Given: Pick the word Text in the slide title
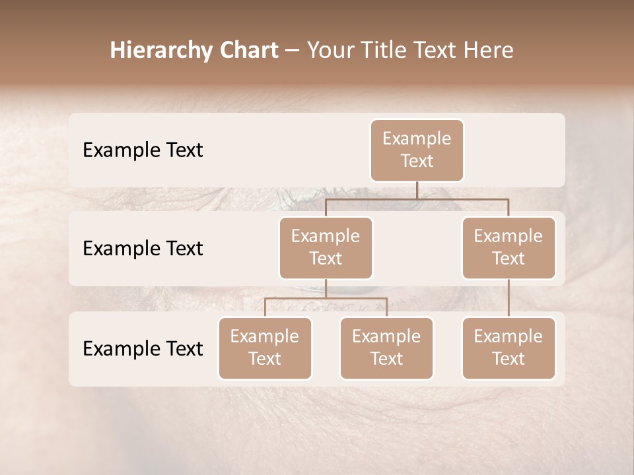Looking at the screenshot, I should (442, 50).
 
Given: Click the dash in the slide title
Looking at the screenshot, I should (293, 51).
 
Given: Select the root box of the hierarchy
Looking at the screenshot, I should (417, 150).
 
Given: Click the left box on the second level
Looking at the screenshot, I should (326, 247).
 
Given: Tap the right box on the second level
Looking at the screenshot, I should (509, 247).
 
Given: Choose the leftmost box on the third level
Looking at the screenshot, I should (265, 348).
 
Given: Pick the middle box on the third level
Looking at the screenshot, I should (386, 348).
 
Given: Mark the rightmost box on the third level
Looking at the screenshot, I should (509, 348).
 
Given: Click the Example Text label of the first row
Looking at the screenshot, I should (143, 150).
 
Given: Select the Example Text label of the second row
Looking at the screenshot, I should (143, 248).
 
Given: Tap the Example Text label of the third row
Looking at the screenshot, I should (143, 348).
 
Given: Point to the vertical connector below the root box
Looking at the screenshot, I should (417, 190).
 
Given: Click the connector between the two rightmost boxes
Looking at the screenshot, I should (509, 298).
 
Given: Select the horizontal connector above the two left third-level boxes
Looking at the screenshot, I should (326, 298).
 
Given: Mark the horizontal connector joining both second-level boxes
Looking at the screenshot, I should (417, 199).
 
